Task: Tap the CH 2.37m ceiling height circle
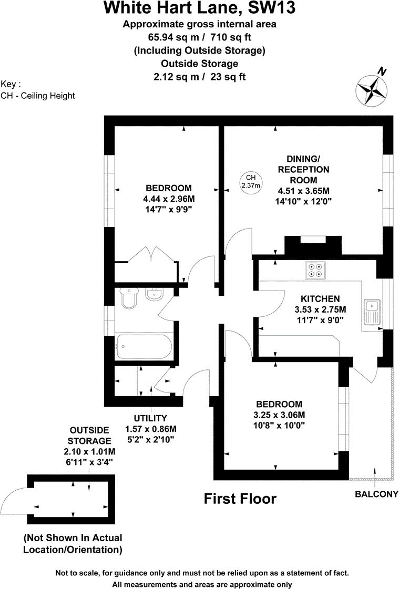pyautogui.click(x=251, y=182)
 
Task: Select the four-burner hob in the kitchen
pyautogui.click(x=315, y=270)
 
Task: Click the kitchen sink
pyautogui.click(x=373, y=312)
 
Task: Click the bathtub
pyautogui.click(x=143, y=347)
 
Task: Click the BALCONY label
pyautogui.click(x=376, y=494)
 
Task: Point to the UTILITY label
pyautogui.click(x=150, y=418)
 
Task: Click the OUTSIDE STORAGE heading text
pyautogui.click(x=90, y=435)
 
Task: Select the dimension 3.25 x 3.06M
pyautogui.click(x=279, y=415)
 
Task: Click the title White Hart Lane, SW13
pyautogui.click(x=199, y=8)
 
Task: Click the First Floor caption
pyautogui.click(x=240, y=498)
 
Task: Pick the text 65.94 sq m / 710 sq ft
pyautogui.click(x=199, y=37)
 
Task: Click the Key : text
pyautogui.click(x=11, y=84)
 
